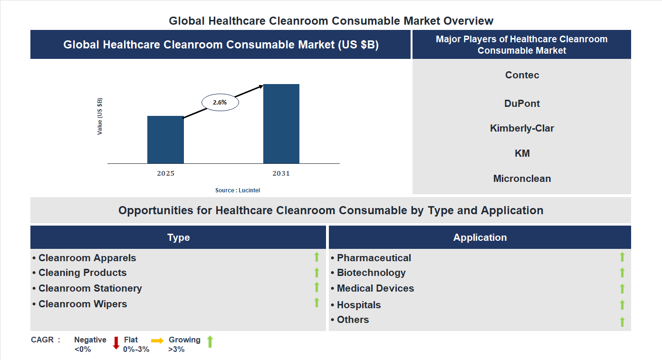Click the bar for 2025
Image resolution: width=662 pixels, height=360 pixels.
pos(165,140)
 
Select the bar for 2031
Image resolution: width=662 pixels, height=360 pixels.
pos(281,124)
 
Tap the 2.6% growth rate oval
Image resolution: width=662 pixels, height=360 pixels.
pos(220,102)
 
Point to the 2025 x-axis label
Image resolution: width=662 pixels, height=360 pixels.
pos(165,173)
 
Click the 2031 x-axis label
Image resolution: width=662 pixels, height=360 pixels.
pos(281,173)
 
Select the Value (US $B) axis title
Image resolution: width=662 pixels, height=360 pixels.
pos(100,116)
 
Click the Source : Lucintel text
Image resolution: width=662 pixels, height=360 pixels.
pos(238,190)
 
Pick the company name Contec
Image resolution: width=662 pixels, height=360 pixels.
pos(522,75)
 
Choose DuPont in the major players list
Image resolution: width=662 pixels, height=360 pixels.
pos(522,104)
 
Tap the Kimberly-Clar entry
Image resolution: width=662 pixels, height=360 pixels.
pos(522,128)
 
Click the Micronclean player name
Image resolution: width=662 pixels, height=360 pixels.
pos(522,179)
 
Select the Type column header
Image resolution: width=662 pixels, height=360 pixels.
pos(178,237)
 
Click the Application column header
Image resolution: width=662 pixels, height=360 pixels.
pos(480,237)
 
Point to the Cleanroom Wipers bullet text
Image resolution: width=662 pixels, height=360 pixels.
pos(83,304)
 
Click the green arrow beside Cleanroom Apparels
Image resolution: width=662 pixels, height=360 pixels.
pos(317,257)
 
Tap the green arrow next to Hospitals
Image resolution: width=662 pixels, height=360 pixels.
pos(622,305)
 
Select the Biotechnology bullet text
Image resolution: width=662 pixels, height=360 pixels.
pos(371,273)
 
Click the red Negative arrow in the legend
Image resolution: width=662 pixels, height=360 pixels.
pos(116,343)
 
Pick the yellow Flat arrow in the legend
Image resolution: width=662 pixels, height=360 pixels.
pos(157,341)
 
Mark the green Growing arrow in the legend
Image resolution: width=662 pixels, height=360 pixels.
pos(210,341)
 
